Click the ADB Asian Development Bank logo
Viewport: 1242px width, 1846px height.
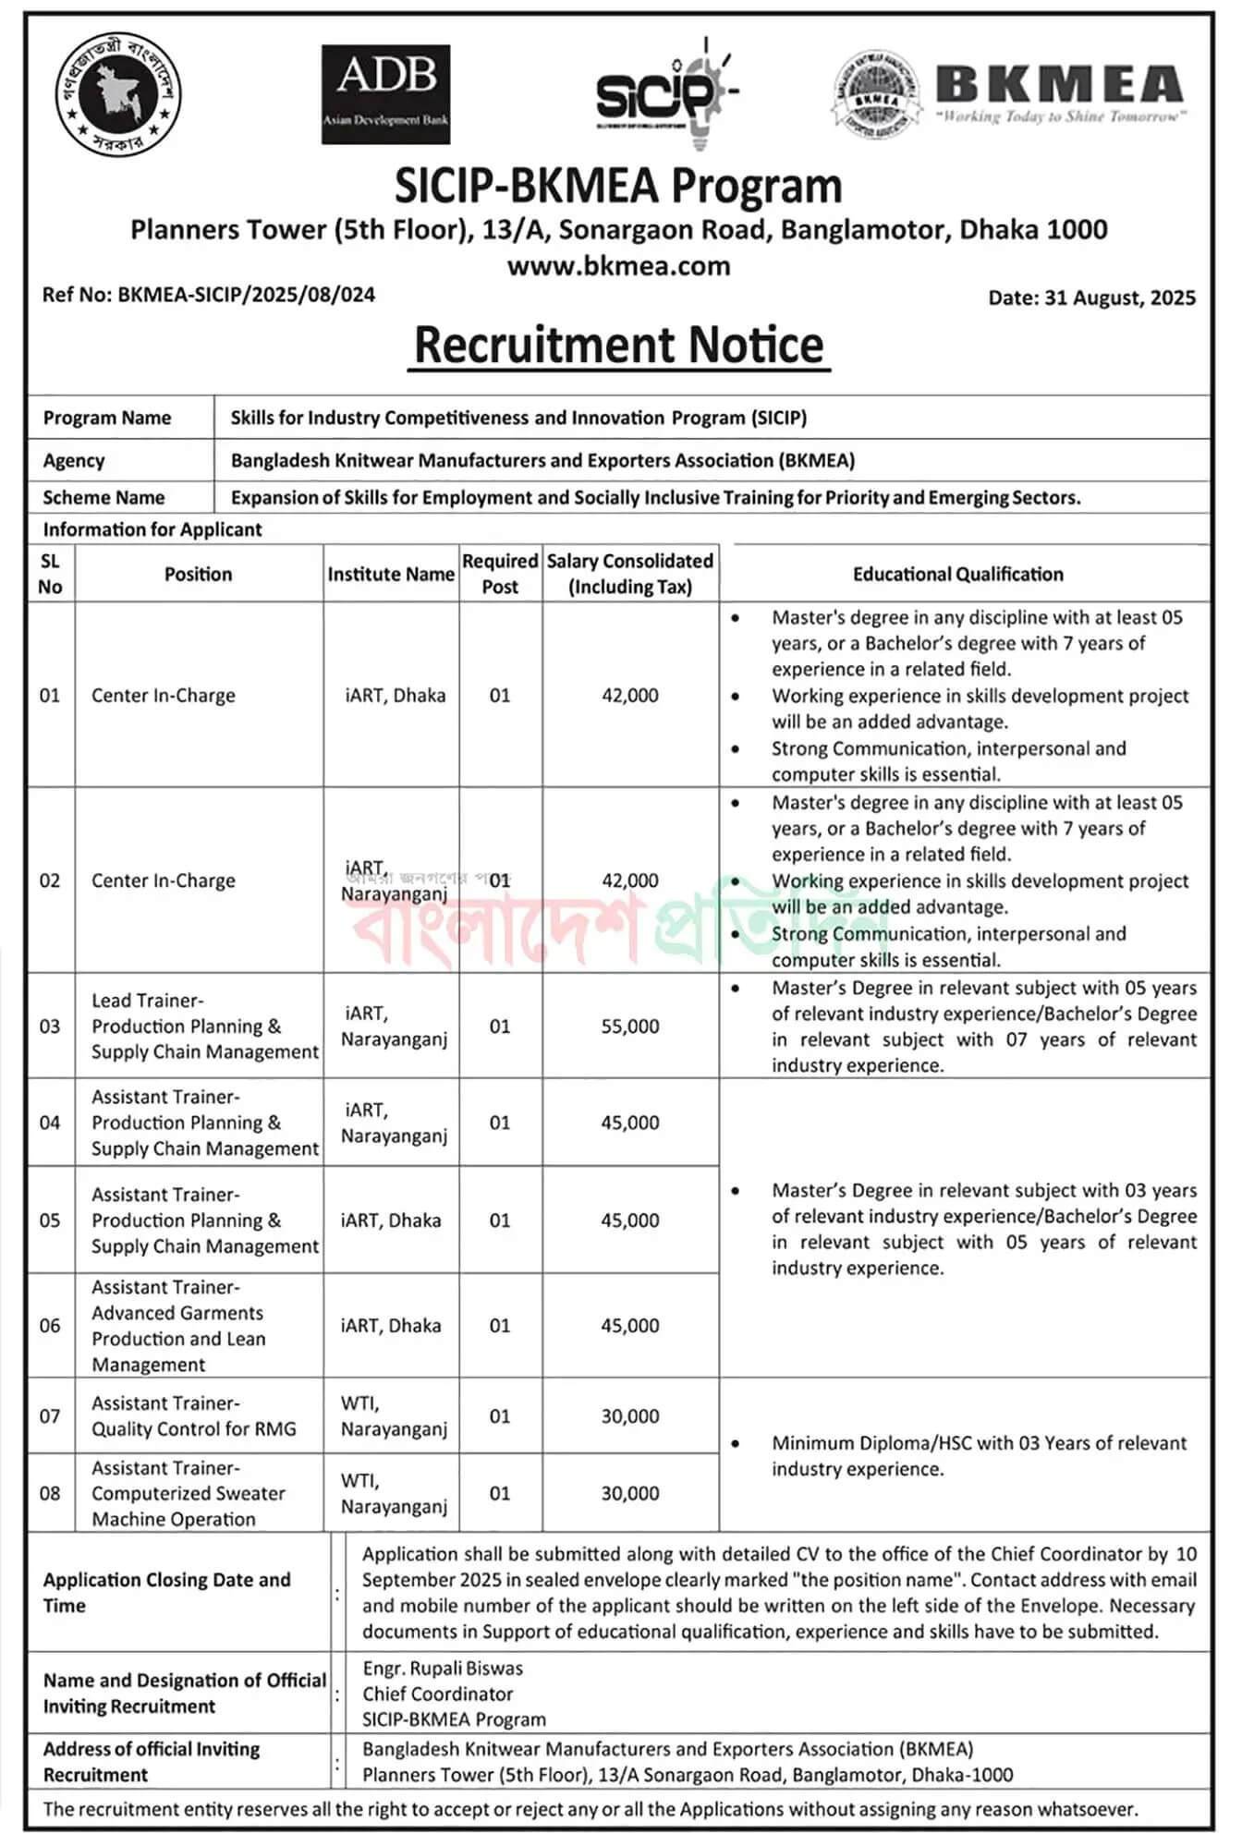tap(385, 94)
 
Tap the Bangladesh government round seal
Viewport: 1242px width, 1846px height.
tap(117, 93)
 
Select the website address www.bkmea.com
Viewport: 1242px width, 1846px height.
tap(618, 266)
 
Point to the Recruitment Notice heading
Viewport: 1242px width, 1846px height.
tap(618, 345)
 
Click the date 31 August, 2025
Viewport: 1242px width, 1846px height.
tap(1091, 298)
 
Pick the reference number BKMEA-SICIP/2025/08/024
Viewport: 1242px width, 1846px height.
tap(209, 295)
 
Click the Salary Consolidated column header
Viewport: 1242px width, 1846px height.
tap(630, 574)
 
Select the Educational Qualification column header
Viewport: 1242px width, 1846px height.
tap(957, 574)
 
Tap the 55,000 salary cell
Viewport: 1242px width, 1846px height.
tap(630, 1026)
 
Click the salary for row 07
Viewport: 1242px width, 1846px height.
tap(630, 1416)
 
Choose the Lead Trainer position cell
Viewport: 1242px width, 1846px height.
tap(204, 1026)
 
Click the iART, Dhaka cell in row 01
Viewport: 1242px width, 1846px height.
tap(395, 695)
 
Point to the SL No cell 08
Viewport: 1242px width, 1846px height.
tap(50, 1493)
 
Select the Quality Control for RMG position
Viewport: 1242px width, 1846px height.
tap(193, 1416)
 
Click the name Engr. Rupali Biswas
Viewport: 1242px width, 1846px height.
tap(443, 1669)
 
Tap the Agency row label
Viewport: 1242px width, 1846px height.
tap(74, 460)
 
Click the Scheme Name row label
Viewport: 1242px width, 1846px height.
tap(103, 497)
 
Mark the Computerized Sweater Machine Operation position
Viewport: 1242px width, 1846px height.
tap(188, 1493)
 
